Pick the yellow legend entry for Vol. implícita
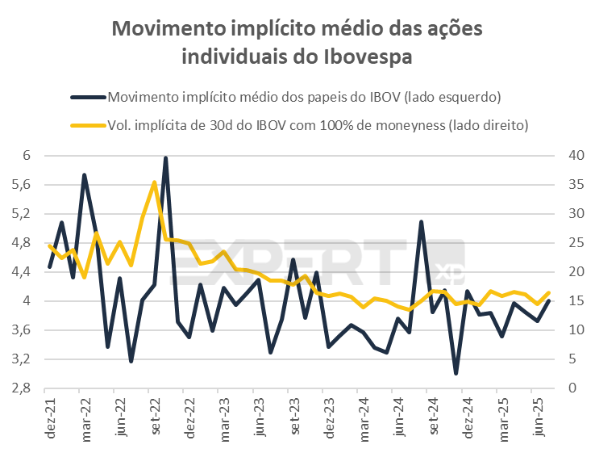pyautogui.click(x=318, y=125)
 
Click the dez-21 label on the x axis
pyautogui.click(x=50, y=419)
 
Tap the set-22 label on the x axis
pyautogui.click(x=154, y=419)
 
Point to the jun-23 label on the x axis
pyautogui.click(x=259, y=419)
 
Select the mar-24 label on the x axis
pyautogui.click(x=364, y=419)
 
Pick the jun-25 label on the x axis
pyautogui.click(x=538, y=419)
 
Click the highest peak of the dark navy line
pyautogui.click(x=165, y=158)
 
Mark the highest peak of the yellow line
pyautogui.click(x=154, y=182)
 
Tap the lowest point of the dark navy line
pyautogui.click(x=456, y=373)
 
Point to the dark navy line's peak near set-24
pyautogui.click(x=421, y=221)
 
